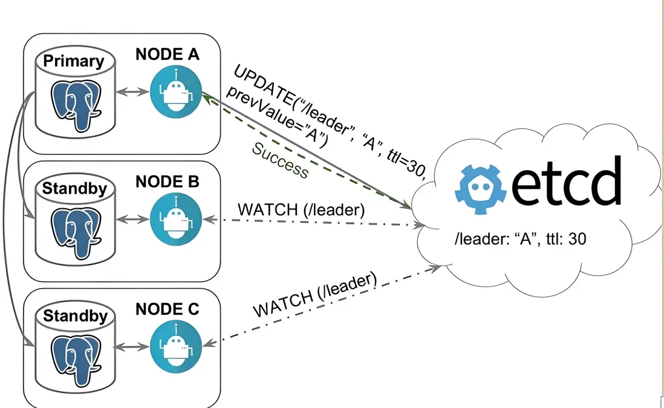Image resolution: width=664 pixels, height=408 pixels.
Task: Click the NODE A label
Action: point(168,54)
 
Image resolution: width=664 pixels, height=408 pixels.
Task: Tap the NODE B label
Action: point(168,181)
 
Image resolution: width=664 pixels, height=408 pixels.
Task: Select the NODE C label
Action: point(168,309)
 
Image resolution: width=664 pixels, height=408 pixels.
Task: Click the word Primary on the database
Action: point(74,61)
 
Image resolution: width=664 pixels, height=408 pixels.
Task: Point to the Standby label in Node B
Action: point(74,188)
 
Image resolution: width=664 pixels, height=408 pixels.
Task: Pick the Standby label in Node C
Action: point(74,316)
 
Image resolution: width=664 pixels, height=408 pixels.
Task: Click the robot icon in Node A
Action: point(175,93)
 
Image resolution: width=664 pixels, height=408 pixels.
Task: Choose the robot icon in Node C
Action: point(175,347)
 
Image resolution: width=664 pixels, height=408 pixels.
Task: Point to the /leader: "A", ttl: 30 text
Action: point(519,240)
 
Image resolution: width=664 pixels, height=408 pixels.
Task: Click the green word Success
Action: point(280,160)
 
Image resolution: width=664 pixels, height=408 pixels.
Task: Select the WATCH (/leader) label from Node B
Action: point(301,210)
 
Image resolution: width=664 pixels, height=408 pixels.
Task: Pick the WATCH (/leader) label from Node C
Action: point(314,296)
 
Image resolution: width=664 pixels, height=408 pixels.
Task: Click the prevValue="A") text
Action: point(275,117)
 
